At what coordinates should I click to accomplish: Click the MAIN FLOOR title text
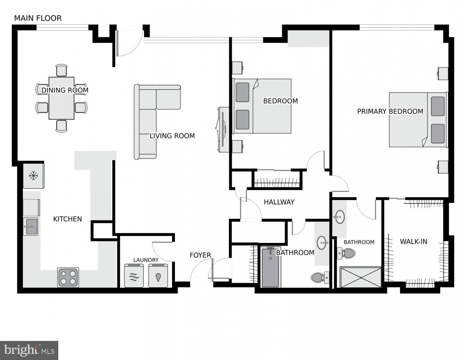pyautogui.click(x=38, y=18)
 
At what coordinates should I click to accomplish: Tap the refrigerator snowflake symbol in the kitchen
pyautogui.click(x=33, y=176)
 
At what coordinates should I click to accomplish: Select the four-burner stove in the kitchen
pyautogui.click(x=68, y=277)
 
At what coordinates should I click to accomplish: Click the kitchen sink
pyautogui.click(x=31, y=227)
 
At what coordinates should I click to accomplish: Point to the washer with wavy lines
pyautogui.click(x=134, y=276)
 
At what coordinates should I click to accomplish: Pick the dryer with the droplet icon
pyautogui.click(x=158, y=276)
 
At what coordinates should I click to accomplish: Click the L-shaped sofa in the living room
pyautogui.click(x=148, y=119)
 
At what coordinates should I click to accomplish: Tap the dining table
pyautogui.click(x=62, y=98)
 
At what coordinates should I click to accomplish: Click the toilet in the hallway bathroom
pyautogui.click(x=320, y=278)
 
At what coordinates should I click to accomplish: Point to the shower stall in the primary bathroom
pyautogui.click(x=361, y=277)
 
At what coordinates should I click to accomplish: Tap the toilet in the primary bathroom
pyautogui.click(x=346, y=253)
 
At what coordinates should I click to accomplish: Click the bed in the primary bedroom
pyautogui.click(x=417, y=120)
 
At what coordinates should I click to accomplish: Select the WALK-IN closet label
pyautogui.click(x=413, y=242)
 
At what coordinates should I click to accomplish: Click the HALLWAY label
pyautogui.click(x=279, y=202)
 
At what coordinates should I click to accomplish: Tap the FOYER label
pyautogui.click(x=200, y=255)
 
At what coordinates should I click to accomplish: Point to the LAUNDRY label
pyautogui.click(x=146, y=260)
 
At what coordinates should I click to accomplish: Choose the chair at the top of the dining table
pyautogui.click(x=62, y=70)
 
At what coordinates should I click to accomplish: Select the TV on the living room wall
pyautogui.click(x=223, y=129)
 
